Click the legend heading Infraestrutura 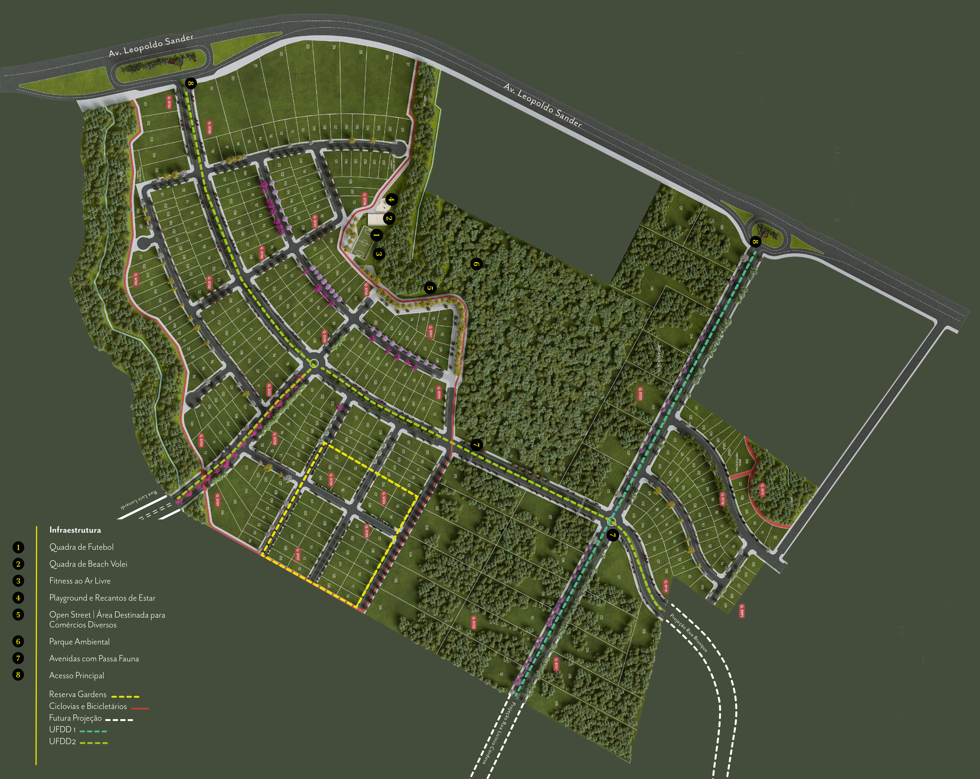(75, 530)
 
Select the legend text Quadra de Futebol (81, 547)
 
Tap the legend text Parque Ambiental (79, 642)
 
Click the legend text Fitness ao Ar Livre (80, 581)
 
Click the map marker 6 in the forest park (476, 264)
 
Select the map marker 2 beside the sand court (389, 219)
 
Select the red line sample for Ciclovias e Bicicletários (140, 708)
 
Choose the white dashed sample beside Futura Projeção (119, 720)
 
